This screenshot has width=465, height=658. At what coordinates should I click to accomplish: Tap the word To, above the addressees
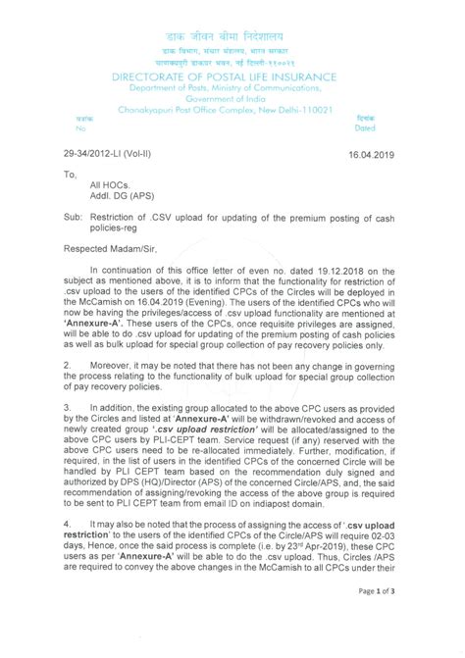[70, 174]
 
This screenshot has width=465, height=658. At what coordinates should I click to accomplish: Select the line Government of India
[232, 98]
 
